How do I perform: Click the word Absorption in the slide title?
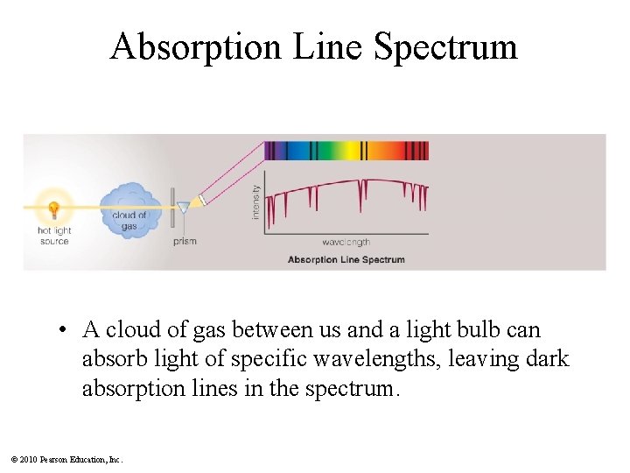(x=195, y=46)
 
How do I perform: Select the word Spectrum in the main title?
(x=445, y=46)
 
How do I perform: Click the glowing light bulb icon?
(x=53, y=210)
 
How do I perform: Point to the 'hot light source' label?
(x=54, y=236)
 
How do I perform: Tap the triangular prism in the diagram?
(x=183, y=208)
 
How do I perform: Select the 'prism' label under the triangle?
(x=185, y=241)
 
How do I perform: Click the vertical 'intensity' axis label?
(x=256, y=201)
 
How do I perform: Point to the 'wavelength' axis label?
(x=346, y=243)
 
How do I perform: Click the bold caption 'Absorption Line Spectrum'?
(x=346, y=259)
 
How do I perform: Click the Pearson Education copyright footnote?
(x=66, y=459)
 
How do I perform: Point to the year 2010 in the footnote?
(x=29, y=459)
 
